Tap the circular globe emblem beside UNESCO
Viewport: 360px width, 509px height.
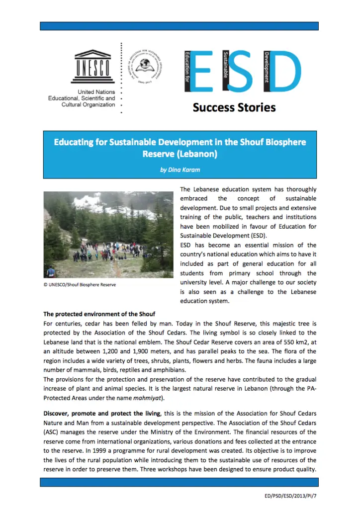pos(145,65)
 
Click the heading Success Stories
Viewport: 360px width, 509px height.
pos(234,107)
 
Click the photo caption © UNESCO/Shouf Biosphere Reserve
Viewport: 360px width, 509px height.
pos(80,284)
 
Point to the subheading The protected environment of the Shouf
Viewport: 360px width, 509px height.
pos(99,314)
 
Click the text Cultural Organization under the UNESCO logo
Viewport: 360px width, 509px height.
pos(85,105)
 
